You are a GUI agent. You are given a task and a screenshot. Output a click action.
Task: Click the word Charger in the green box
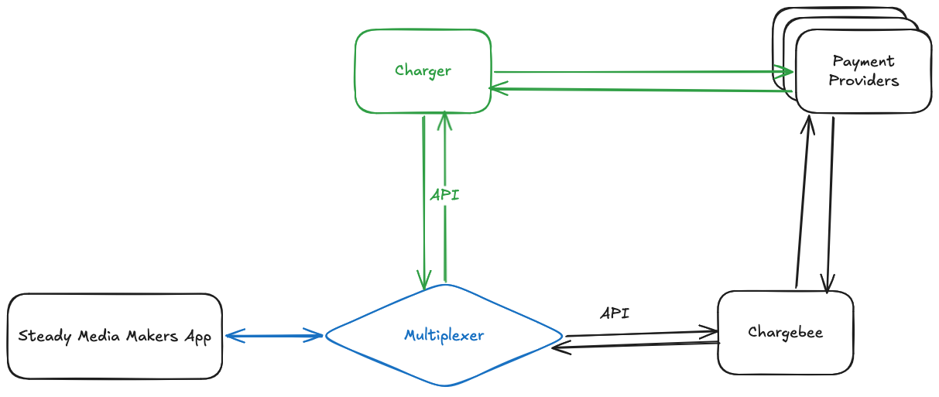pos(423,71)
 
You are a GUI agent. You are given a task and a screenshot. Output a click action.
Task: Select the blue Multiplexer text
pos(444,335)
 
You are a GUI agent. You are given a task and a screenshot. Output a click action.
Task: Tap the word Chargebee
pos(785,333)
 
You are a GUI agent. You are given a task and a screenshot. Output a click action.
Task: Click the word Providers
pos(863,80)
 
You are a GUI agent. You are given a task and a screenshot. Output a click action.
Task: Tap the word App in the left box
pos(198,337)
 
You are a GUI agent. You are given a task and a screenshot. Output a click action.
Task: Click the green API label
pos(444,195)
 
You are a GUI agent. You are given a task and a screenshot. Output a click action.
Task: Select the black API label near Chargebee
pos(615,313)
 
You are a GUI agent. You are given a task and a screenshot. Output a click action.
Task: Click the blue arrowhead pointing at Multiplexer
pos(316,335)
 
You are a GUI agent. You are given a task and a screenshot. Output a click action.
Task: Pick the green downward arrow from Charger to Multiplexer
pos(423,201)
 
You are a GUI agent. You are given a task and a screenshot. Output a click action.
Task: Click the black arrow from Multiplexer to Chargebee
pos(643,334)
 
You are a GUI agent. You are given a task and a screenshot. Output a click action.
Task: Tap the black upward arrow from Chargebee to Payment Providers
pos(802,201)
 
